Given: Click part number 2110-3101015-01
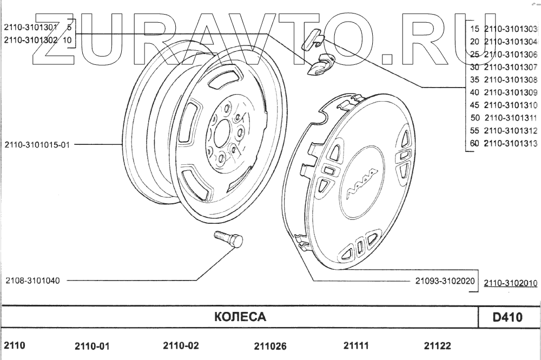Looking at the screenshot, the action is (x=37, y=145).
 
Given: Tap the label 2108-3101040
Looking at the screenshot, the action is (x=33, y=281).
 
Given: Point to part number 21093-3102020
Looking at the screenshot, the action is (x=445, y=281).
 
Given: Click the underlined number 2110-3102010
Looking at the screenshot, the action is (x=511, y=283).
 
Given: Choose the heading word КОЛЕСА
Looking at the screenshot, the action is (x=240, y=317).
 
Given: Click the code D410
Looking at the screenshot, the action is (x=507, y=317).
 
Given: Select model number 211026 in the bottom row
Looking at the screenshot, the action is (x=270, y=346).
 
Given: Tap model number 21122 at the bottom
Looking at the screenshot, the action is (x=438, y=345).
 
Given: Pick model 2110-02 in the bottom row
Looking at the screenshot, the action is (x=181, y=345).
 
